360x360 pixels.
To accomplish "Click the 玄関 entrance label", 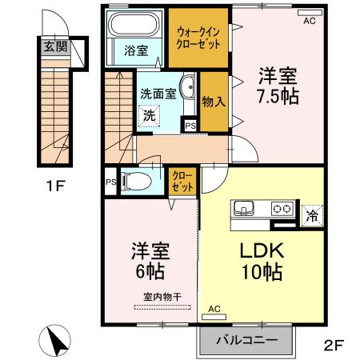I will click(x=56, y=47).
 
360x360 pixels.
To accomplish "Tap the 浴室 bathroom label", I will click(x=135, y=50).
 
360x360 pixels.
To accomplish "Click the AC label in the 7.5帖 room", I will click(x=308, y=22).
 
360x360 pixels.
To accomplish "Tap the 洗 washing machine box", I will click(x=150, y=115).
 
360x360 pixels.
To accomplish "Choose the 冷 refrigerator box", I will click(x=313, y=214).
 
